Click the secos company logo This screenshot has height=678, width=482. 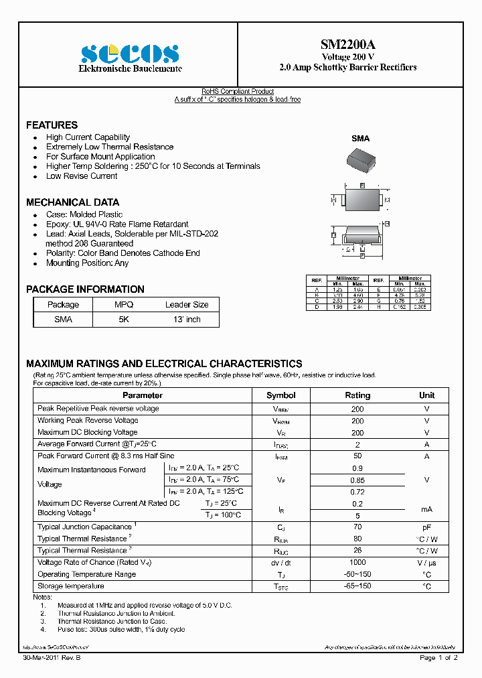pos(130,54)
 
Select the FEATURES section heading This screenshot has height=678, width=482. pos(52,125)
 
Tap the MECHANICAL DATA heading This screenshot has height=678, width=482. pos(72,202)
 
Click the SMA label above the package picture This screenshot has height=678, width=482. pos(360,139)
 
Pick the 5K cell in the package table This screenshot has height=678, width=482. pos(124,320)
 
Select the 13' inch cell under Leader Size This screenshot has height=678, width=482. pos(187,320)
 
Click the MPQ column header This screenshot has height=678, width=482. pos(124,305)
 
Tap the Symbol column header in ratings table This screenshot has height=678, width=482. pos(280,395)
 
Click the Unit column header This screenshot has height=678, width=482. pos(426,395)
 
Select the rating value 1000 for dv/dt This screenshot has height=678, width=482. pos(357,563)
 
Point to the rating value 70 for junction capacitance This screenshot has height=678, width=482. pos(357,527)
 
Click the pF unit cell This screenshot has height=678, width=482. pos(426,527)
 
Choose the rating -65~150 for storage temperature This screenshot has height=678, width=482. pos(357,586)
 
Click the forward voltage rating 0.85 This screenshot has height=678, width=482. pos(357,480)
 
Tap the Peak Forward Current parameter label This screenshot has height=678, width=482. pos(106,456)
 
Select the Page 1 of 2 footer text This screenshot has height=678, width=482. pos(438,658)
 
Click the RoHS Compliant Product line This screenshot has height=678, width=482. pos(238,92)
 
